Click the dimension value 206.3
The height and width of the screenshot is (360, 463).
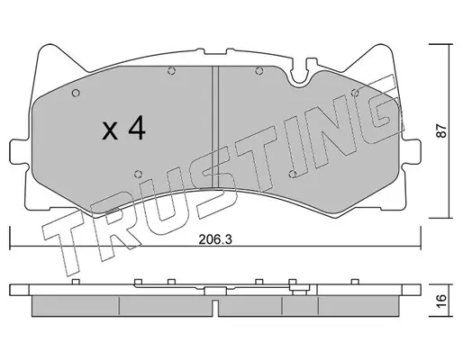[215, 239]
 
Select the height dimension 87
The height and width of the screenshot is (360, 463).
[441, 130]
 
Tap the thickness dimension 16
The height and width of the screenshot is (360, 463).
[441, 301]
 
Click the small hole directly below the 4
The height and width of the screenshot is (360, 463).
[138, 174]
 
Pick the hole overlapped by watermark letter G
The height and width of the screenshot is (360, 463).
[355, 93]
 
